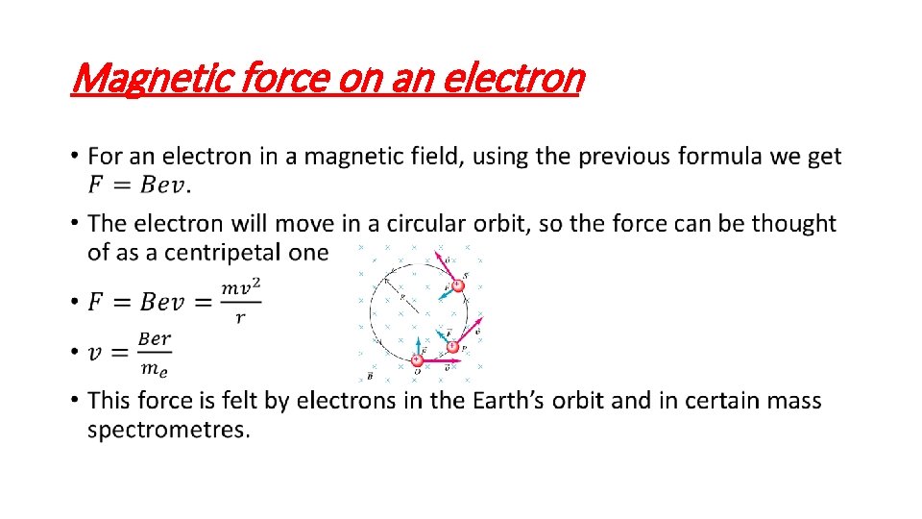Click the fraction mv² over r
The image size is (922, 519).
[x=240, y=303]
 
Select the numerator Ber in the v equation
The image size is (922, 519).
[x=155, y=338]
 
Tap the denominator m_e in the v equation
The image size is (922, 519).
[x=155, y=367]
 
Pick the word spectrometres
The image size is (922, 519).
[x=169, y=430]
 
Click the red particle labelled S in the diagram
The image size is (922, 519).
[x=457, y=285]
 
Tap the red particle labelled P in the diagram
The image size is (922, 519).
[x=452, y=346]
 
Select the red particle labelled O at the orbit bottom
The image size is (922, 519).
[x=417, y=360]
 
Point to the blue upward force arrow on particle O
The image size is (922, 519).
[x=418, y=346]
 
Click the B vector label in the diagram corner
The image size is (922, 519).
[x=370, y=377]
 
